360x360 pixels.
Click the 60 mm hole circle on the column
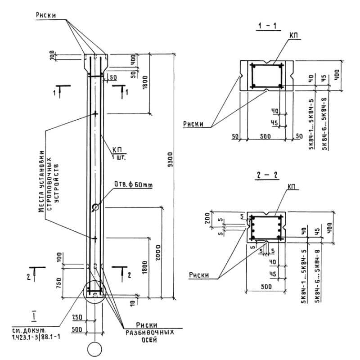click(95, 207)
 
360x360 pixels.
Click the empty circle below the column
click(95, 349)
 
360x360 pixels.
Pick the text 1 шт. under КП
click(119, 157)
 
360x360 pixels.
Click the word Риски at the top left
click(46, 15)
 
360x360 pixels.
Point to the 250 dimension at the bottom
click(76, 317)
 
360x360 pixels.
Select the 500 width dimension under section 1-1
click(266, 136)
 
